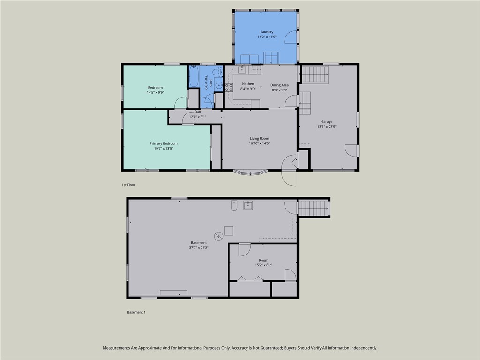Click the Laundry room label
(267, 32)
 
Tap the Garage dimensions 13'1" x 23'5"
(327, 126)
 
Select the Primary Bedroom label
(164, 143)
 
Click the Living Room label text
(259, 138)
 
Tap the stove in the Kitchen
(228, 87)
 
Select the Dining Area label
(279, 85)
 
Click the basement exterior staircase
(313, 208)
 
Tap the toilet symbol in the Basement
(234, 205)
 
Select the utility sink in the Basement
(248, 205)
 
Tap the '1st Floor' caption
(128, 185)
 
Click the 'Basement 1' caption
(136, 312)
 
